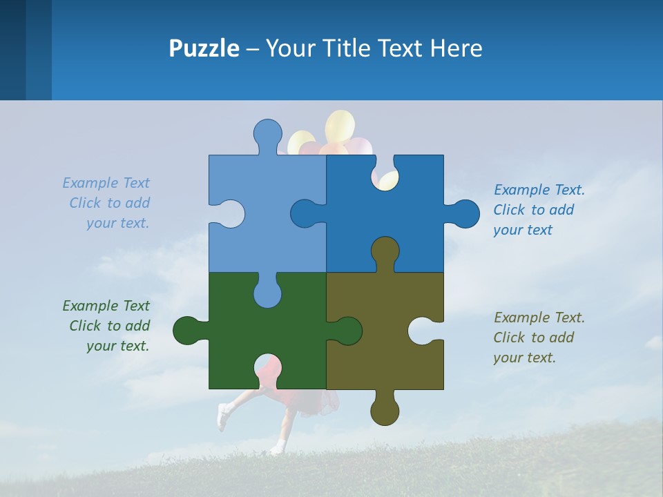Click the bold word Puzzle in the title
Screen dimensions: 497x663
coord(204,49)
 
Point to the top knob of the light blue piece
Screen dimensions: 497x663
coord(267,134)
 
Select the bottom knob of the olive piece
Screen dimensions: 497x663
coord(385,410)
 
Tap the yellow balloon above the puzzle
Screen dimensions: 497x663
coord(340,126)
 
